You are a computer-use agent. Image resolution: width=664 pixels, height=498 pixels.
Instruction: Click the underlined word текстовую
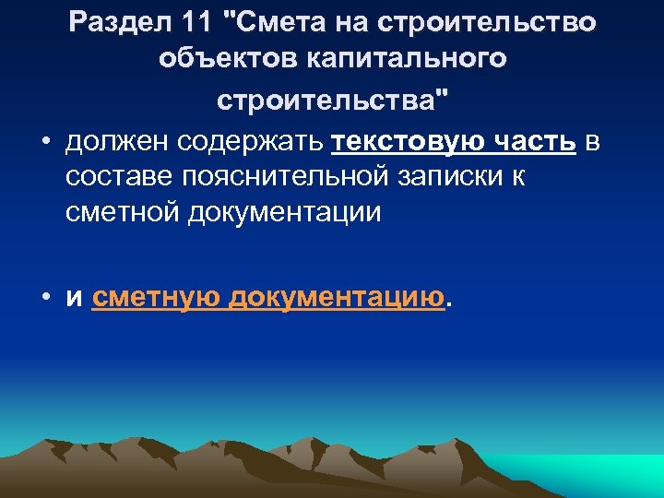[x=407, y=143]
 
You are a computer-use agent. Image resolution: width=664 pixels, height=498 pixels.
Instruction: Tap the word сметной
[x=122, y=212]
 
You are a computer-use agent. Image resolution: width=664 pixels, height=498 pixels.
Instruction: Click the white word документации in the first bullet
[x=284, y=212]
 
